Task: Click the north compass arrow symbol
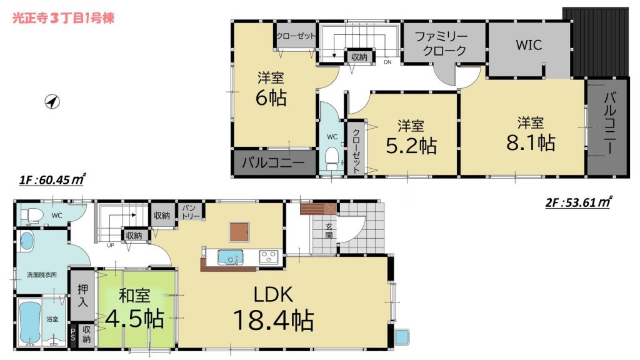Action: coord(52,101)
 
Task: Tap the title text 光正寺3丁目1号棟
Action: coord(63,18)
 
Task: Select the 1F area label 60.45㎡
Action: coord(52,179)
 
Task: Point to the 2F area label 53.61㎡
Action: coord(577,202)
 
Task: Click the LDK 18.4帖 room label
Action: coord(273,307)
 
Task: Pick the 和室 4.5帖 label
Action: coord(135,308)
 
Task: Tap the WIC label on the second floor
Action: coord(529,45)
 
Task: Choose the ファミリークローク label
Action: coord(442,44)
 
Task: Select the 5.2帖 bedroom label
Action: coord(411,137)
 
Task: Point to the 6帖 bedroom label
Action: coord(271,89)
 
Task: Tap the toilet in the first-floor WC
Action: coord(29,216)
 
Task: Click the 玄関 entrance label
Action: coord(329,231)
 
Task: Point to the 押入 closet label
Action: coord(83,296)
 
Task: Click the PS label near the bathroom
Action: coord(74,334)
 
